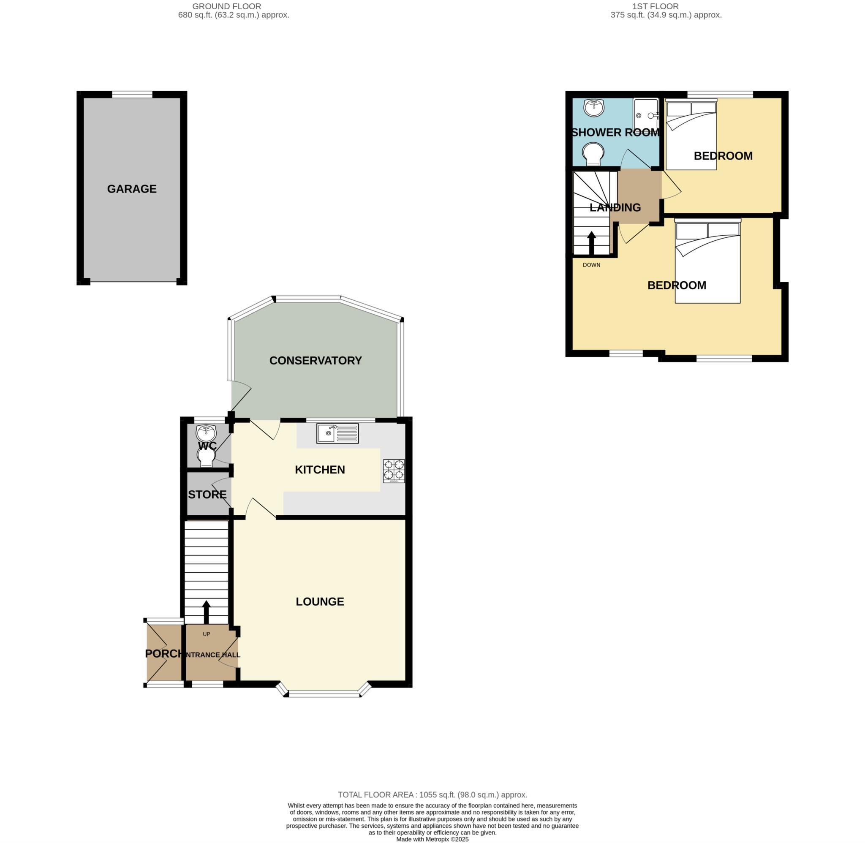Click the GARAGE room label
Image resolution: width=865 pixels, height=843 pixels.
(x=131, y=189)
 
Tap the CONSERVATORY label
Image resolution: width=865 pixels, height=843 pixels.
(x=315, y=361)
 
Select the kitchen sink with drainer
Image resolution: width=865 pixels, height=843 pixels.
(x=337, y=433)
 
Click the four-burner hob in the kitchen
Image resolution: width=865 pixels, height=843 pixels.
(x=394, y=471)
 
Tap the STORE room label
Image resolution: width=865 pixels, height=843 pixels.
(x=207, y=495)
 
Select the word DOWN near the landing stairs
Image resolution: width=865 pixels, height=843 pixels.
(x=591, y=265)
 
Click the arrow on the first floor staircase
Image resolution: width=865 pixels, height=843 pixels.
(x=591, y=242)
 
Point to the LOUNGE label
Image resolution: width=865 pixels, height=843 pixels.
(x=320, y=602)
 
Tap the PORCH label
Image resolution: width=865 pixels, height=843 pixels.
(x=163, y=654)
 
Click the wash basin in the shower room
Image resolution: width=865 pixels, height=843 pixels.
(x=594, y=108)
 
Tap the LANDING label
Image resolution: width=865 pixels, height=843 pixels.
(x=615, y=208)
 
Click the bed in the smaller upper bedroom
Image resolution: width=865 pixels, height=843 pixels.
(x=691, y=135)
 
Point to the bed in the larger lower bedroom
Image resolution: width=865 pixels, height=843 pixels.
(x=707, y=264)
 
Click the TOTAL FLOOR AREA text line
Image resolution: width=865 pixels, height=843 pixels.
(x=432, y=795)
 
